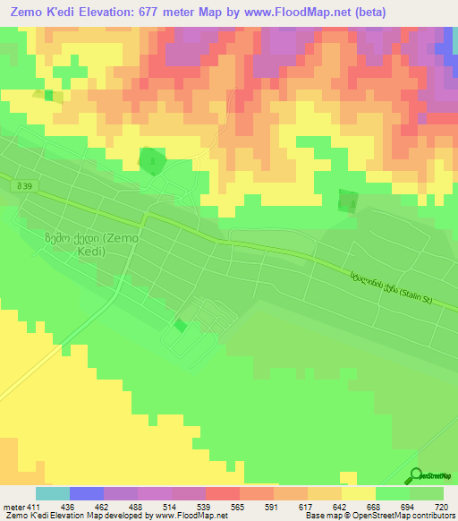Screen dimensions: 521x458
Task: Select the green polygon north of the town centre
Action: tap(152, 161)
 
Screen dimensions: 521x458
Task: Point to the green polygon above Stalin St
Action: tap(347, 201)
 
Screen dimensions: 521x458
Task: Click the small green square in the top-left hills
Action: tap(47, 95)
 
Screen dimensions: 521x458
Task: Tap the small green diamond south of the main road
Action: tap(181, 326)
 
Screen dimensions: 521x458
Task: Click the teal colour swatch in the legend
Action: tap(53, 494)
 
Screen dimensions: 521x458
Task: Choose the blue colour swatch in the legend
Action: tap(87, 494)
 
